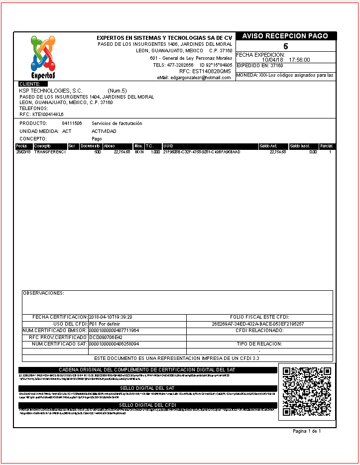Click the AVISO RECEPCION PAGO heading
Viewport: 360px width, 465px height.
285,36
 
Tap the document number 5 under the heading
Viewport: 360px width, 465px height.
285,46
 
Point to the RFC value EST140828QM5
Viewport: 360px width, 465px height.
212,71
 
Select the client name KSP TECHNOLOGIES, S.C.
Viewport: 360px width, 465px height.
50,91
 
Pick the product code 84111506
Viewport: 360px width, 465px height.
72,123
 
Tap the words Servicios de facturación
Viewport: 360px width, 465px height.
117,123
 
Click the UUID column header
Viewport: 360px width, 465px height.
168,146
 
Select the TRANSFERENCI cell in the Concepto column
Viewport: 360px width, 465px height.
50,151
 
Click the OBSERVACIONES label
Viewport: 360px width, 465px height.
43,293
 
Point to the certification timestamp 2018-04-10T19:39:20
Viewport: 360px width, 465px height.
110,317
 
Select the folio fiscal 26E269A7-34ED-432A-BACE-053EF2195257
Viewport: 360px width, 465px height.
258,324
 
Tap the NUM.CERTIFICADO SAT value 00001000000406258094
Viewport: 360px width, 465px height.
114,344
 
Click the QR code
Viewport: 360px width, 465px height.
306,391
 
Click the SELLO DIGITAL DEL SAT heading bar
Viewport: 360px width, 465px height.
147,388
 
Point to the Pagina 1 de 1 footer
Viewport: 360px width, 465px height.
307,431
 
